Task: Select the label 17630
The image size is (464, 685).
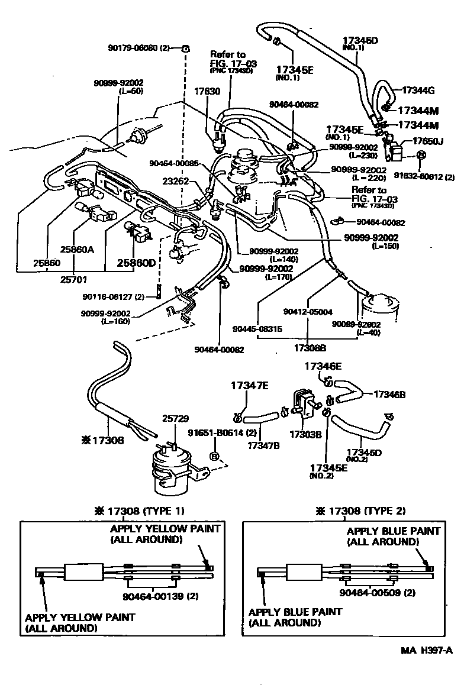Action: point(207,92)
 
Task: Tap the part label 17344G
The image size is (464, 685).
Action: point(418,91)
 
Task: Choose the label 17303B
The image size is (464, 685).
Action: point(305,434)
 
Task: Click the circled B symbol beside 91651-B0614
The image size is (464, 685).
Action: point(215,456)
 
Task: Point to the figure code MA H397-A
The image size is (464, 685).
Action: point(426,651)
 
